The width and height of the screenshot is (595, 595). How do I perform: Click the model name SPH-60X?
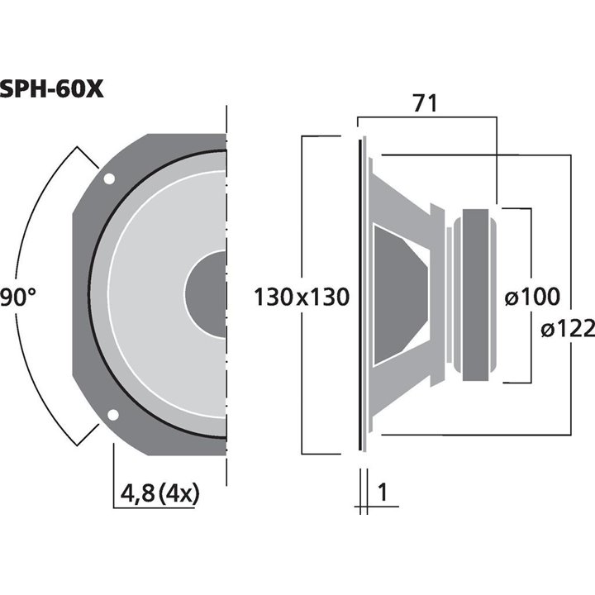pyautogui.click(x=51, y=88)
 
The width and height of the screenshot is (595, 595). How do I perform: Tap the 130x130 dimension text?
pyautogui.click(x=302, y=296)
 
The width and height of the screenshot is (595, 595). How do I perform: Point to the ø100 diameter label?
pyautogui.click(x=531, y=296)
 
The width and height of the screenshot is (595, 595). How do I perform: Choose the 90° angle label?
pyautogui.click(x=18, y=296)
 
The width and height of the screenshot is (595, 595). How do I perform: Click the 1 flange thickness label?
pyautogui.click(x=382, y=493)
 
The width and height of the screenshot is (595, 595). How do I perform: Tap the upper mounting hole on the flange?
pyautogui.click(x=109, y=178)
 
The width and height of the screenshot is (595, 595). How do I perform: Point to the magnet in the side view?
pyautogui.click(x=478, y=295)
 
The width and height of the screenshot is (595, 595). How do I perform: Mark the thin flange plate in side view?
pyautogui.click(x=361, y=295)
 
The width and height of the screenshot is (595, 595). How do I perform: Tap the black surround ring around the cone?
pyautogui.click(x=92, y=295)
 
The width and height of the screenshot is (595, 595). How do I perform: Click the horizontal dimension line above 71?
pyautogui.click(x=425, y=117)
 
